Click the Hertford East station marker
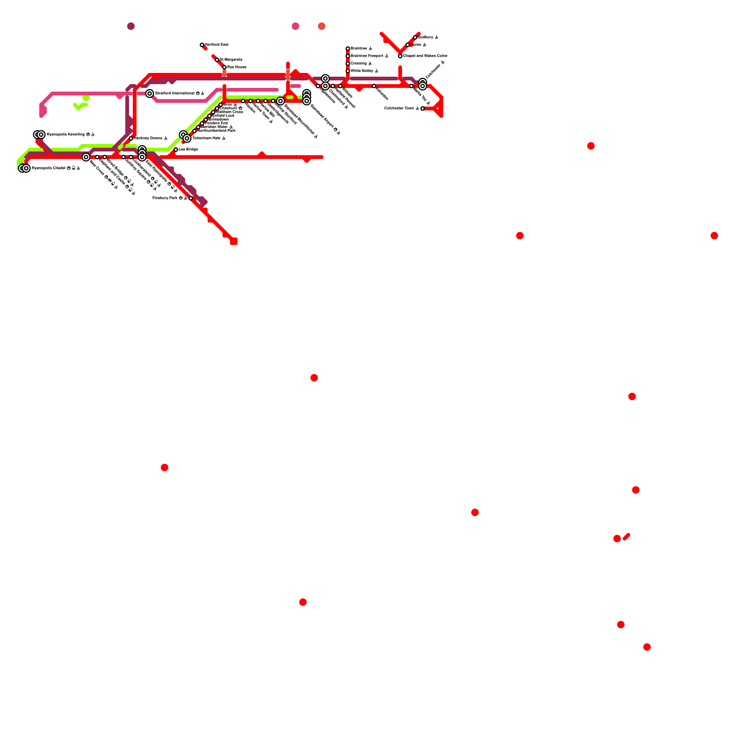click(x=202, y=45)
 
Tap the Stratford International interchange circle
click(x=150, y=93)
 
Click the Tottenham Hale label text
click(x=206, y=138)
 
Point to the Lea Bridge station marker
click(x=176, y=150)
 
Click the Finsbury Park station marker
click(x=191, y=198)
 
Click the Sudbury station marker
click(x=415, y=37)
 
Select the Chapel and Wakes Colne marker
click(x=400, y=56)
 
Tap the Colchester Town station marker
click(x=423, y=108)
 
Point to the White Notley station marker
click(x=348, y=71)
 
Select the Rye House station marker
click(x=224, y=67)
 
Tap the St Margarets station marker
click(x=217, y=60)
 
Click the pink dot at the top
click(x=295, y=26)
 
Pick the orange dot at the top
click(x=322, y=26)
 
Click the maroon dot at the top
click(x=131, y=26)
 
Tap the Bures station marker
click(x=408, y=45)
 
